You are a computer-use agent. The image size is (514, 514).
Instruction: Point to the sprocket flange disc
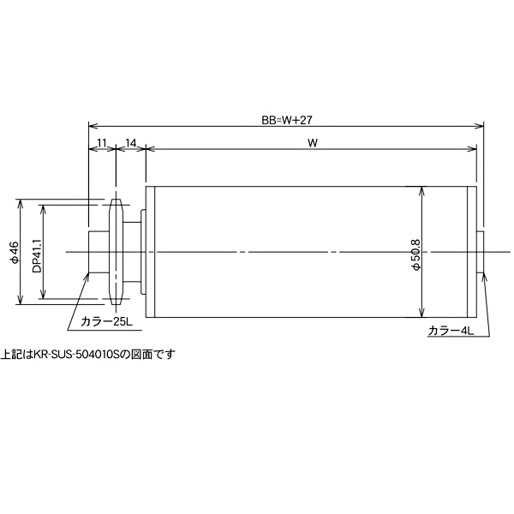pyautogui.click(x=117, y=252)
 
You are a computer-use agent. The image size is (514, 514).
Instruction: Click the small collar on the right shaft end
pyautogui.click(x=481, y=252)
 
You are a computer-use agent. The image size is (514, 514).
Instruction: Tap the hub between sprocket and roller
pyautogui.click(x=133, y=252)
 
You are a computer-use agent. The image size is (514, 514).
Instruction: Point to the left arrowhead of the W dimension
pyautogui.click(x=152, y=148)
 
